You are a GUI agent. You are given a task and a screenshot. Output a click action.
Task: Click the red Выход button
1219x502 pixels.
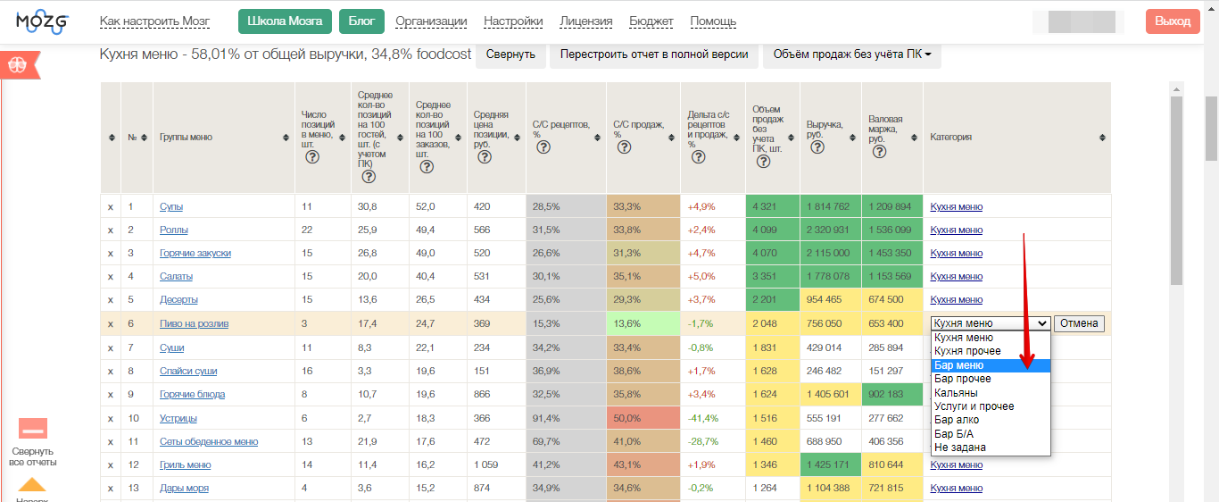[1173, 21]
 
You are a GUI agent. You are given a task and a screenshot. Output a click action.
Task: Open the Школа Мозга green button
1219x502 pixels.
[285, 21]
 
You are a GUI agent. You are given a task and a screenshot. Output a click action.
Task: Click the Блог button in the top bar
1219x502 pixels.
[361, 21]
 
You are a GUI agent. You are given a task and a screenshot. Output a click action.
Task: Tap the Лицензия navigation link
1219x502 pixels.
[585, 21]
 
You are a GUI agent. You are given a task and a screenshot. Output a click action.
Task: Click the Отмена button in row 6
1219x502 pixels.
[1079, 323]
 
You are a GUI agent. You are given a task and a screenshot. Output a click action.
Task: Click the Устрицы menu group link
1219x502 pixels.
[178, 418]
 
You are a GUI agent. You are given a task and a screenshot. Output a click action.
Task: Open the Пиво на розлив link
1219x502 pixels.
[194, 323]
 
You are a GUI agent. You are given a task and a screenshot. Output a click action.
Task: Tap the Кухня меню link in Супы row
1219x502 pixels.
[956, 206]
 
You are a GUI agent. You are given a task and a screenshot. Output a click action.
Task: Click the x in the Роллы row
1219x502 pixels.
[111, 230]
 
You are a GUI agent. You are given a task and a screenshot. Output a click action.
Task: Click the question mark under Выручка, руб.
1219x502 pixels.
[817, 147]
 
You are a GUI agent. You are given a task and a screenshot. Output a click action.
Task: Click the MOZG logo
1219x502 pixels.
[42, 21]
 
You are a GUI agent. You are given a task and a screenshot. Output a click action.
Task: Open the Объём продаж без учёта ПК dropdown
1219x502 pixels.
[851, 54]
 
